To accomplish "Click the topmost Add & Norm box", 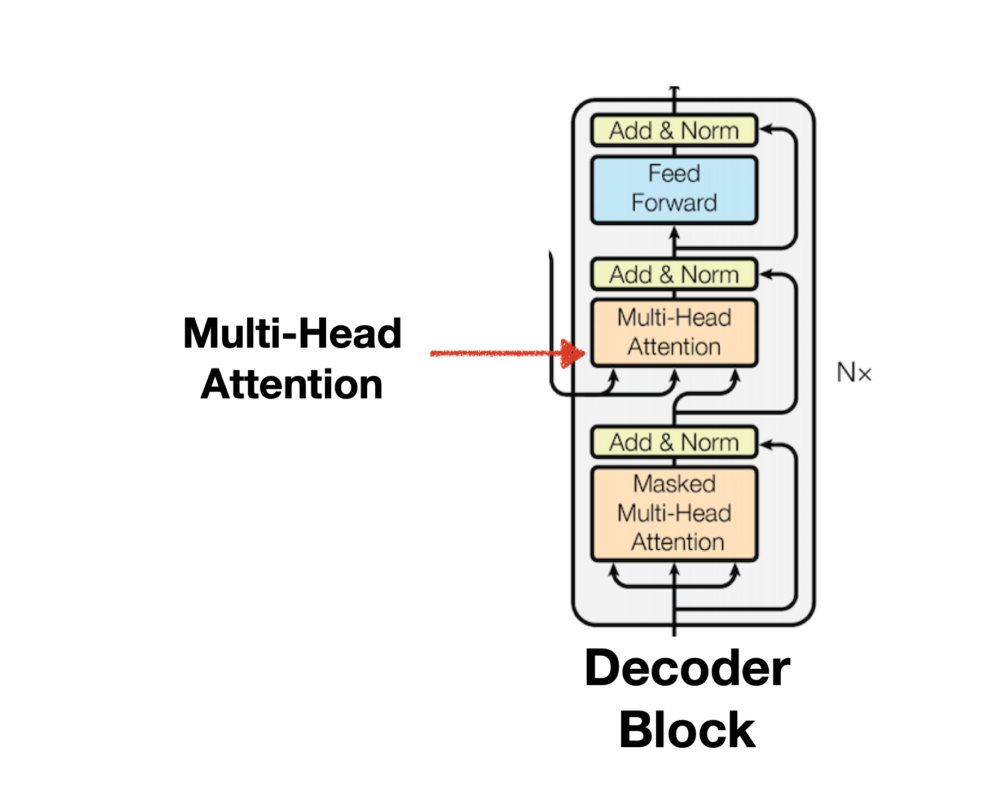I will [674, 131].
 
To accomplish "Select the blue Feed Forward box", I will [674, 190].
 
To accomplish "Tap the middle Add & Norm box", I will [674, 275].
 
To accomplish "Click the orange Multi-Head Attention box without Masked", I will [674, 332].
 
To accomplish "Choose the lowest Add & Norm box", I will [674, 442].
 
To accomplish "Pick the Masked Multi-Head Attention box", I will [674, 513].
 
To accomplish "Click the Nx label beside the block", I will [854, 373].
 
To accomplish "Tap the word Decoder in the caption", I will [687, 668].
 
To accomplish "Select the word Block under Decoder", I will [687, 730].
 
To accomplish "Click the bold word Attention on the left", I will [292, 385].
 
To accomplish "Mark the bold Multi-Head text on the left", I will [292, 334].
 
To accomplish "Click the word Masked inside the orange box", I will [674, 484].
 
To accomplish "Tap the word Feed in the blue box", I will [674, 173].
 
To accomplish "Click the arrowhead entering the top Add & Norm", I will [765, 130].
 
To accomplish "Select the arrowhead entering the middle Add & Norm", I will [765, 275].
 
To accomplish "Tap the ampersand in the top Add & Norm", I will [666, 131].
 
